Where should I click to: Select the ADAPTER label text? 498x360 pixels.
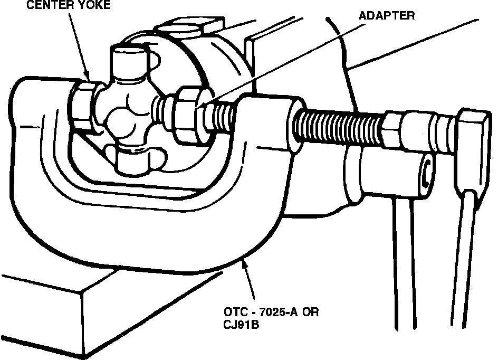[387, 15]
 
